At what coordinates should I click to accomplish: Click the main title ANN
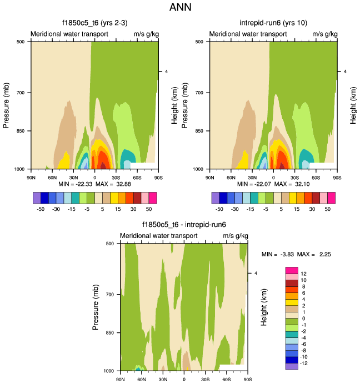click(180, 8)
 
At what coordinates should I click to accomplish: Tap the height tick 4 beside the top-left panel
click(165, 72)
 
